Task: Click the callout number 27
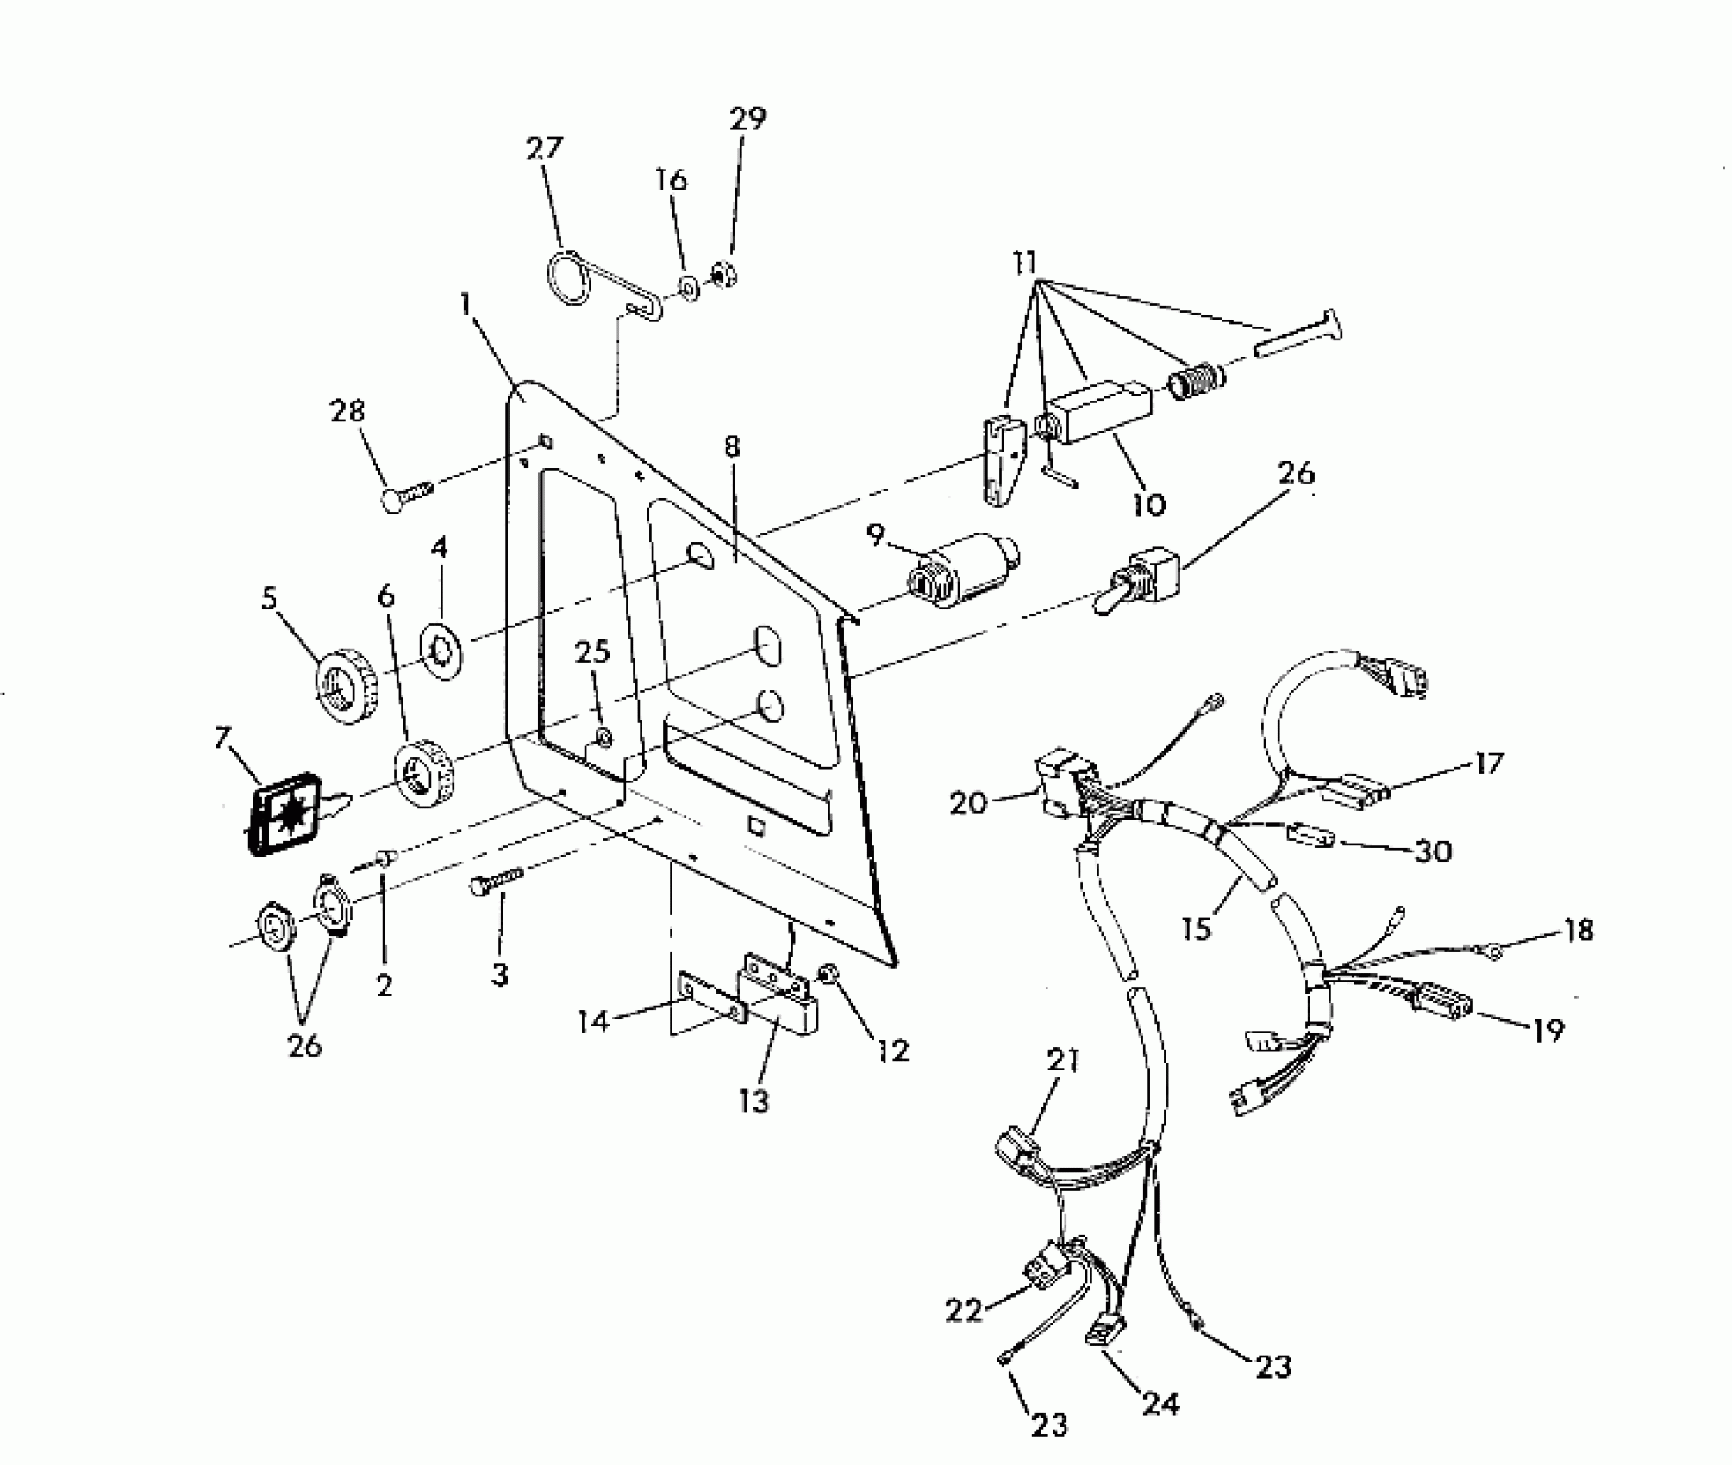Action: pyautogui.click(x=544, y=148)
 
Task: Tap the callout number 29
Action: pyautogui.click(x=747, y=117)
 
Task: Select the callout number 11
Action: pyautogui.click(x=1025, y=262)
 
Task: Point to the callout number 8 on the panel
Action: pyautogui.click(x=732, y=447)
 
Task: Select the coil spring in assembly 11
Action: pyautogui.click(x=1194, y=378)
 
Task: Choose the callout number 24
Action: pyautogui.click(x=1160, y=1404)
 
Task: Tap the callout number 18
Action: pyautogui.click(x=1579, y=931)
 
